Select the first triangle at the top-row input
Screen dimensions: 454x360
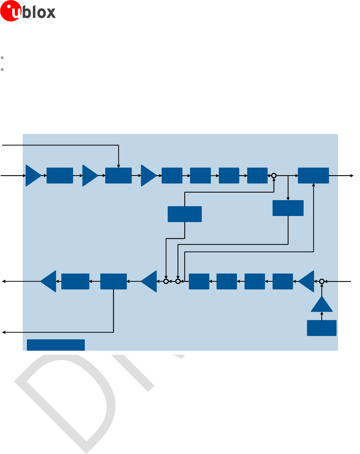click(x=33, y=176)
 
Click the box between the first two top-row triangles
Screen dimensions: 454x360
click(x=60, y=176)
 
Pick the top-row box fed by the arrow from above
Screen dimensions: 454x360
click(x=118, y=176)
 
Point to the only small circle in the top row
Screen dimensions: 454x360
click(x=274, y=176)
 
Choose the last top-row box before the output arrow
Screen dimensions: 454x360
click(x=313, y=176)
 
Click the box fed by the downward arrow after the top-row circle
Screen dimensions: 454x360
click(x=288, y=208)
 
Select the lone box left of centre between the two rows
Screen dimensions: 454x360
click(x=185, y=214)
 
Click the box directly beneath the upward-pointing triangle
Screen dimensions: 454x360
click(x=322, y=328)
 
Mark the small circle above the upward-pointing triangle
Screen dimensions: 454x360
click(x=322, y=281)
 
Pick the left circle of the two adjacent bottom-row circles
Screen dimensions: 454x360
click(x=166, y=281)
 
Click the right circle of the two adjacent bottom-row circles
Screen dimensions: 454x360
click(x=178, y=281)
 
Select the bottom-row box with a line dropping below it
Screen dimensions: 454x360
click(x=114, y=281)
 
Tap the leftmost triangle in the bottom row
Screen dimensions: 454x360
click(x=49, y=281)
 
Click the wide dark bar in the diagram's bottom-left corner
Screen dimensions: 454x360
click(x=56, y=345)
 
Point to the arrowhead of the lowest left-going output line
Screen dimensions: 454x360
click(x=4, y=332)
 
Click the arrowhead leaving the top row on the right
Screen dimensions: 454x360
click(x=352, y=176)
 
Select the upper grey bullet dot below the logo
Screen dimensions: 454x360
click(x=2, y=58)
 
